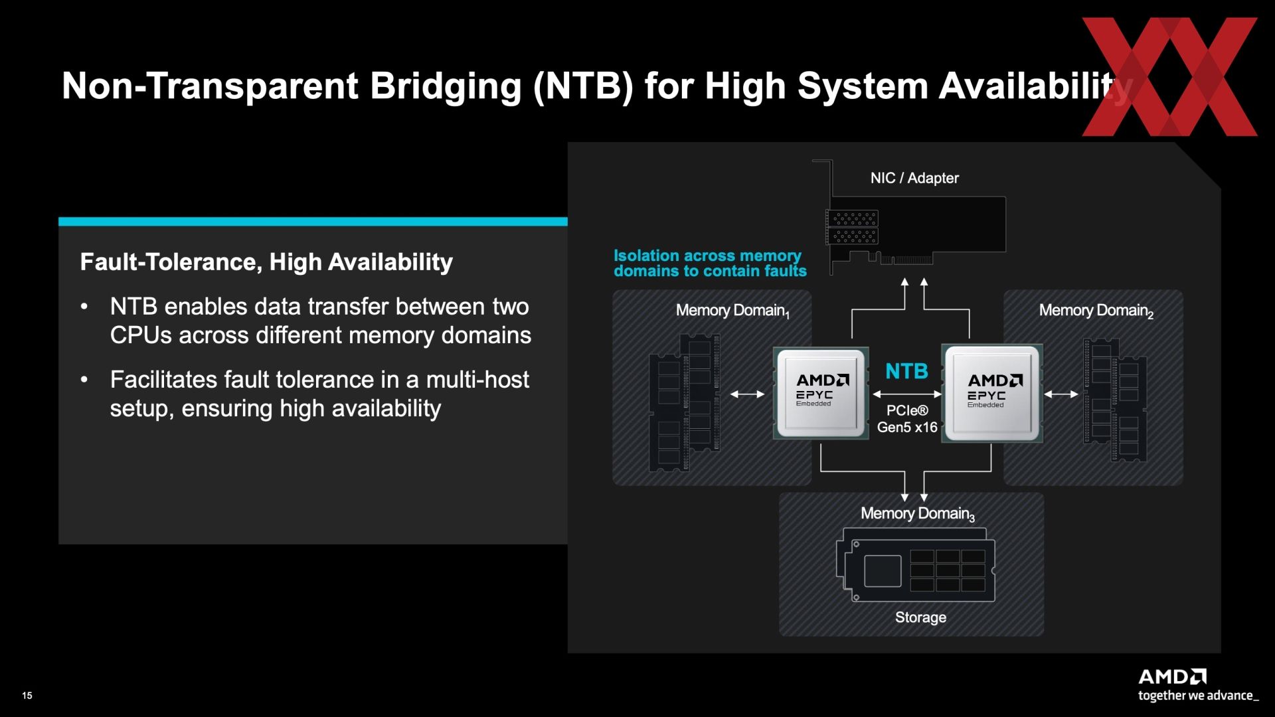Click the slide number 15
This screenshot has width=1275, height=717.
[x=27, y=696]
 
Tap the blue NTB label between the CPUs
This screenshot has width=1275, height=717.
[x=906, y=371]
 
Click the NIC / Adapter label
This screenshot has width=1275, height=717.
[x=914, y=178]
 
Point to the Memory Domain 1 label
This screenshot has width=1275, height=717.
[x=732, y=311]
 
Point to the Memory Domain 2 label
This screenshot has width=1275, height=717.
[x=1096, y=311]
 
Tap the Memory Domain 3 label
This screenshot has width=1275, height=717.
[x=918, y=514]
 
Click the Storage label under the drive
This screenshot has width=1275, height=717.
[x=920, y=617]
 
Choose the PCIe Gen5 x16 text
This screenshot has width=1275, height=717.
[x=907, y=419]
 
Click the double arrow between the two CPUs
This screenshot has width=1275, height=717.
[x=906, y=394]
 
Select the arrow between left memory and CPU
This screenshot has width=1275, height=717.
[x=747, y=394]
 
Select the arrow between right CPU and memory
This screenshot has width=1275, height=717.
[x=1061, y=394]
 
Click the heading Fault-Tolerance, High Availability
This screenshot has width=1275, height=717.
[x=266, y=262]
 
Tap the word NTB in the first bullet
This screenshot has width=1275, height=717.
[x=133, y=307]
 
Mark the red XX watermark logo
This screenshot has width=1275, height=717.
[x=1169, y=76]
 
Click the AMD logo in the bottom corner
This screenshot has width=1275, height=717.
[x=1172, y=677]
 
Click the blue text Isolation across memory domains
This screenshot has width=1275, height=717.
[x=710, y=264]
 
